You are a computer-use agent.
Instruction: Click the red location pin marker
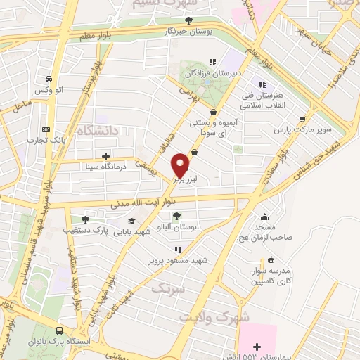(x=181, y=165)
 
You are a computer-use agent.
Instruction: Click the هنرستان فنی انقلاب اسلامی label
(x=261, y=101)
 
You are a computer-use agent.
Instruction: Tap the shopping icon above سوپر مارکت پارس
(x=302, y=119)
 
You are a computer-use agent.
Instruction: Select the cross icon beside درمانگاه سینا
(x=105, y=156)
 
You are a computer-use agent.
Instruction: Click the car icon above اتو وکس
(x=47, y=79)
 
